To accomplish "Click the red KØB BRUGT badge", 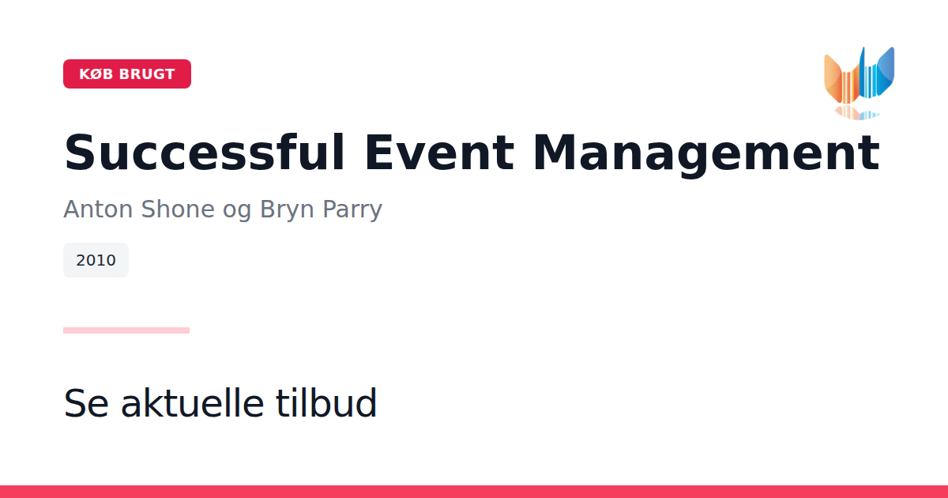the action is [127, 74].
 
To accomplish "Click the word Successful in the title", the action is [205, 152].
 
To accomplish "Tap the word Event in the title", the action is [439, 152].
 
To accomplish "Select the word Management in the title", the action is [706, 154].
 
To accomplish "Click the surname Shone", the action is [179, 209].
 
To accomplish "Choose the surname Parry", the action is [352, 210].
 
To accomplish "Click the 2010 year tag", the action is [96, 260].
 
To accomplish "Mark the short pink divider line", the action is [126, 330].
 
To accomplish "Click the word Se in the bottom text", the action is [86, 403].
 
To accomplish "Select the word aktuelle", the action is [193, 402].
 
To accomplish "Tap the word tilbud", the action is [325, 402].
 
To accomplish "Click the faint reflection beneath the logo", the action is [856, 112].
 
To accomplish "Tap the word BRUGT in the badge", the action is [147, 74].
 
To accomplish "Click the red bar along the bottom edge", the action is [474, 492].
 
